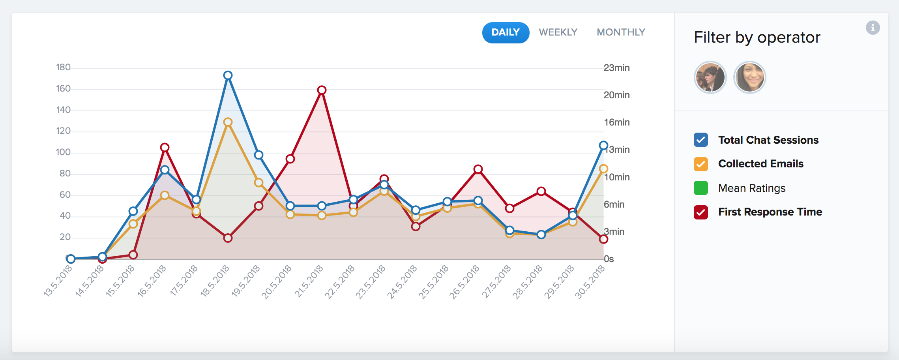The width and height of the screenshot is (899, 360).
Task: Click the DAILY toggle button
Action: click(506, 32)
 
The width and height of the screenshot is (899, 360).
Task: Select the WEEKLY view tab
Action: click(558, 32)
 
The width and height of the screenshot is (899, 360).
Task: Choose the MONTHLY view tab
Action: click(621, 32)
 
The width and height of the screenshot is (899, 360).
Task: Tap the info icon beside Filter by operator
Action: click(873, 28)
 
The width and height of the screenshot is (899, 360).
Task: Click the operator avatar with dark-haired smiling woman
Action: click(749, 77)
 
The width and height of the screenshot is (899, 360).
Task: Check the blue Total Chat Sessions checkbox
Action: click(701, 140)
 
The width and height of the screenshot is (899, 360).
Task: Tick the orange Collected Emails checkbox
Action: click(701, 164)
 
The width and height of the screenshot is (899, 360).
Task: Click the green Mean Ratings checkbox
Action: click(701, 188)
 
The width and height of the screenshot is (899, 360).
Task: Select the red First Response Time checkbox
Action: click(701, 212)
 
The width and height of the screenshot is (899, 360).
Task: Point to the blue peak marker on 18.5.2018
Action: click(228, 75)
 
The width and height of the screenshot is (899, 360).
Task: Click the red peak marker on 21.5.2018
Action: click(322, 90)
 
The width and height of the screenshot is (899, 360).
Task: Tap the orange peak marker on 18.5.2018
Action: click(228, 122)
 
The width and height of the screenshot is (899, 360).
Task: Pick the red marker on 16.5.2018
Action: click(165, 148)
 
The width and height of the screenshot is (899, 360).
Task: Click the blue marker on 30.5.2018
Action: click(603, 146)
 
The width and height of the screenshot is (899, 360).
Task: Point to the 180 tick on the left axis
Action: click(63, 67)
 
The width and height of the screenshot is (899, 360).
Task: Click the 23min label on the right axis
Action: click(616, 68)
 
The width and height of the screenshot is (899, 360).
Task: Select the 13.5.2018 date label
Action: click(58, 281)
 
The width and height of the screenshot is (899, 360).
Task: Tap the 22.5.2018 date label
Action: click(340, 282)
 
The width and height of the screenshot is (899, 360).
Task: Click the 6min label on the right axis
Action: click(614, 204)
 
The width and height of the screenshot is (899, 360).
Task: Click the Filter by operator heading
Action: click(757, 37)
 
